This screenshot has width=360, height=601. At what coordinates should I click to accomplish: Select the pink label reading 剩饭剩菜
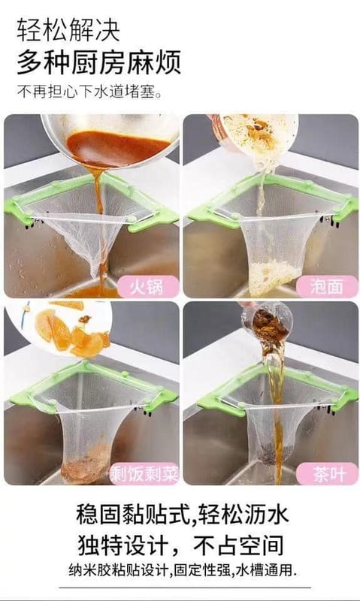[x=144, y=474]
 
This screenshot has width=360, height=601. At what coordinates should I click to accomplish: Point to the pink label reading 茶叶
[x=327, y=474]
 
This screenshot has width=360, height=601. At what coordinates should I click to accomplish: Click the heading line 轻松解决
[x=68, y=31]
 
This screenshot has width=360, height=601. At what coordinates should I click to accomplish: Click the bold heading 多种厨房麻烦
[x=98, y=62]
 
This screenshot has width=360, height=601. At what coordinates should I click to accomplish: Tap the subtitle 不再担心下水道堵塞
[x=89, y=92]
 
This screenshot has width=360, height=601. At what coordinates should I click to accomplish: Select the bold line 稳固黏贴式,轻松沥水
[x=182, y=514]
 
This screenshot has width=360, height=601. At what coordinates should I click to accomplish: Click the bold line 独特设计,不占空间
[x=181, y=544]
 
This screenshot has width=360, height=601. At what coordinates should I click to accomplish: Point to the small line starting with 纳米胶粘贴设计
[x=183, y=570]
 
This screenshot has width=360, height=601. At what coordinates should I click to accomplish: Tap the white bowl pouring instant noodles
[x=255, y=134]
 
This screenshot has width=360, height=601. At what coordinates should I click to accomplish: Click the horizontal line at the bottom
[x=185, y=587]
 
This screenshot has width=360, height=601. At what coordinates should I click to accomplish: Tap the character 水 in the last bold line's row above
[x=276, y=514]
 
